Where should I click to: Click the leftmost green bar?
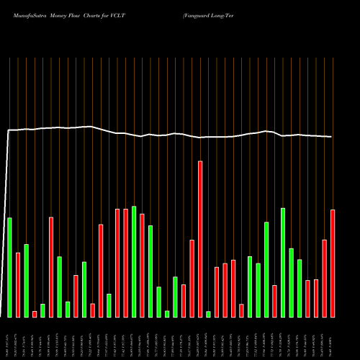(9, 267)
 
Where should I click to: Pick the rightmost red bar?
(333, 264)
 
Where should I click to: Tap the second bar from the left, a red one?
(18, 284)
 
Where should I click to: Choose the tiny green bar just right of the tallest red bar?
(208, 314)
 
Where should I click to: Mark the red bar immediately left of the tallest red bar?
(192, 278)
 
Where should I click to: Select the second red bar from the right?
(325, 278)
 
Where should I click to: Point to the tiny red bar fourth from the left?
(35, 314)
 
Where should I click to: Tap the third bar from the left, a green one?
(26, 281)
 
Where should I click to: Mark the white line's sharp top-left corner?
(8, 130)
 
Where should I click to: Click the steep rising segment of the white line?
(6, 223)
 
